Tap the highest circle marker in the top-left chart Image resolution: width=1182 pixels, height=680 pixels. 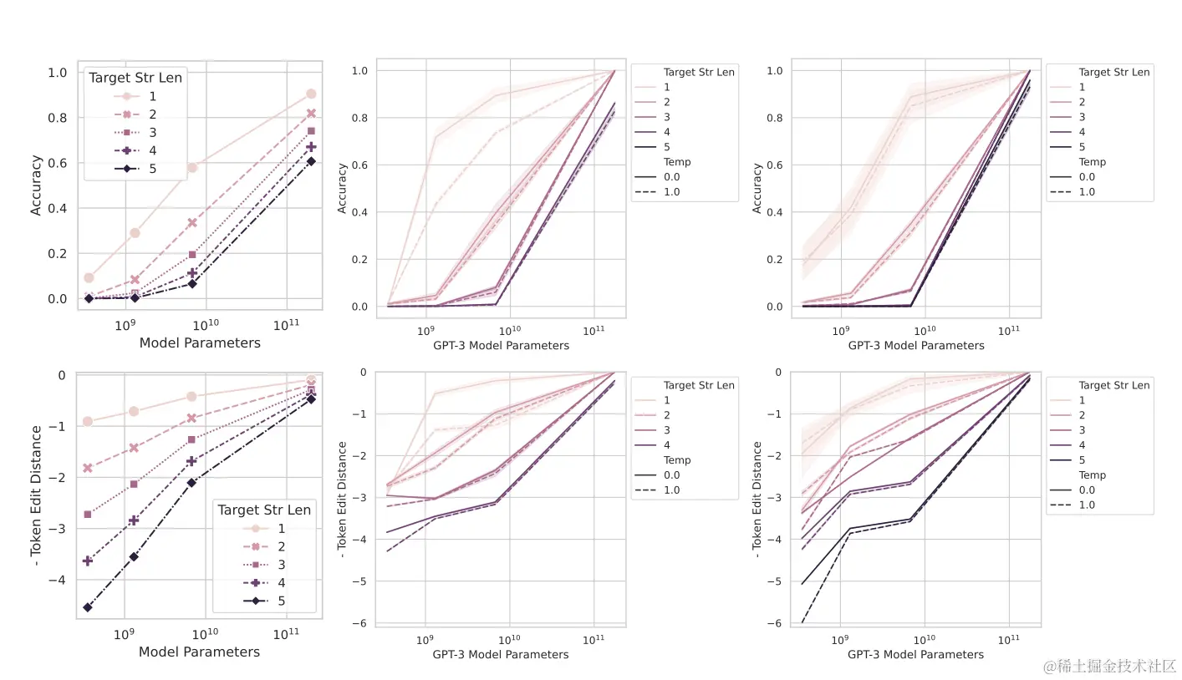coord(311,94)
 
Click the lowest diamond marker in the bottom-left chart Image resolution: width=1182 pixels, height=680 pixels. coord(88,607)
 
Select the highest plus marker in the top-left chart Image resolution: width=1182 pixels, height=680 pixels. coord(311,147)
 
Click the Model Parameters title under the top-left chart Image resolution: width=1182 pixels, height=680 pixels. coord(200,343)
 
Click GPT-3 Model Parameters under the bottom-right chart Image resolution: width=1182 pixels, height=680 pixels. coord(915,655)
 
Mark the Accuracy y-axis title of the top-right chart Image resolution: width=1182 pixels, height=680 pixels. coord(757,188)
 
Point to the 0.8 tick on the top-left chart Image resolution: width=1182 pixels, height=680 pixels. coord(58,118)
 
